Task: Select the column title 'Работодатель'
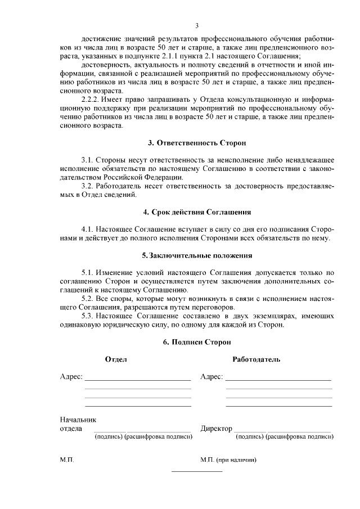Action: coord(256,359)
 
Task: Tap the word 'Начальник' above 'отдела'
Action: coord(78,419)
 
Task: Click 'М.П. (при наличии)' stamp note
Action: coord(228,460)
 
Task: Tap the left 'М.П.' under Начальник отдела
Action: coord(67,460)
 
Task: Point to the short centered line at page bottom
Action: coord(197,471)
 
